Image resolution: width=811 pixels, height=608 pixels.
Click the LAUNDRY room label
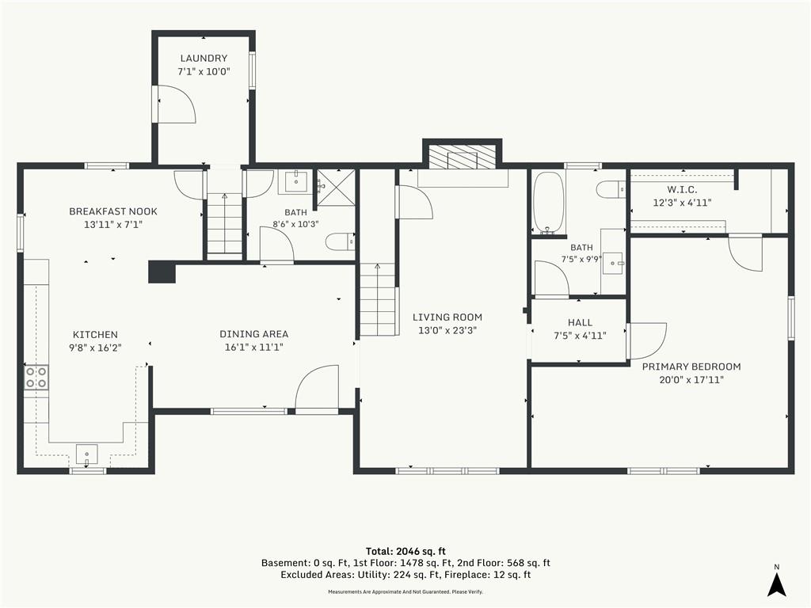[x=204, y=59]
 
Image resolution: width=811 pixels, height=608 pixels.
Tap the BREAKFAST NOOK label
[x=113, y=211]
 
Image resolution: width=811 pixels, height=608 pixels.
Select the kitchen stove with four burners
[x=36, y=377]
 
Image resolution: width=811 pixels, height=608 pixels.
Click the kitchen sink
[x=87, y=454]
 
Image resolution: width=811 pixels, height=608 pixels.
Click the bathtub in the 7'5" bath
[x=548, y=202]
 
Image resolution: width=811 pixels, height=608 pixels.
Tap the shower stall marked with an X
[x=336, y=188]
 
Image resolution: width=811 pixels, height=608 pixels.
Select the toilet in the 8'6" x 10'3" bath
[x=341, y=241]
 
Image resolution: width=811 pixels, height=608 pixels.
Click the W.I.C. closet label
[x=682, y=190]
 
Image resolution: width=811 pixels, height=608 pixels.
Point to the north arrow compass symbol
[x=776, y=585]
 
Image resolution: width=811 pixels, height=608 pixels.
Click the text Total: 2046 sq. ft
[x=405, y=551]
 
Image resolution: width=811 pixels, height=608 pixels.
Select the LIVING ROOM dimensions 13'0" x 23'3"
[x=447, y=330]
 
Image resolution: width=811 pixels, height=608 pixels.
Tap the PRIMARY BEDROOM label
[x=691, y=367]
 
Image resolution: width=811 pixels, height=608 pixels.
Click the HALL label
[x=580, y=322]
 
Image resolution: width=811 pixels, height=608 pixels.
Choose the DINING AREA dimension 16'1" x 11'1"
[x=254, y=348]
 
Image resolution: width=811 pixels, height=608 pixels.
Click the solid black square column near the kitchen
[x=162, y=272]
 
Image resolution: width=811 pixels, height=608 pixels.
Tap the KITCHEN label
[x=95, y=335]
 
